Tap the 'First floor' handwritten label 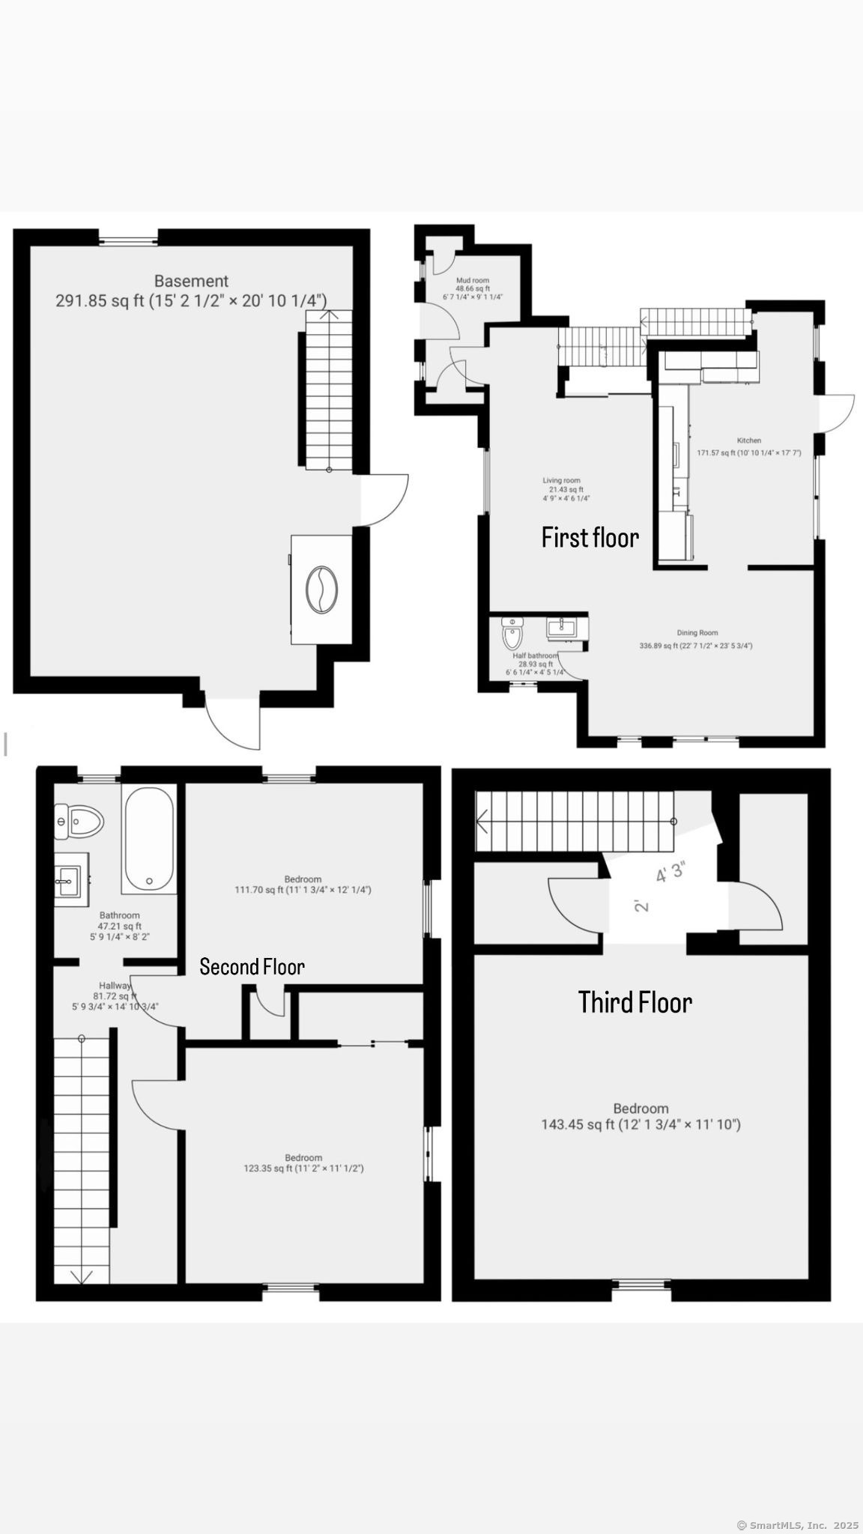pyautogui.click(x=590, y=538)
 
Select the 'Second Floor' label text pyautogui.click(x=252, y=967)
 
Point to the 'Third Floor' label pyautogui.click(x=635, y=1002)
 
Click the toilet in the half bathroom pyautogui.click(x=512, y=634)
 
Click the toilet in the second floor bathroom pyautogui.click(x=78, y=822)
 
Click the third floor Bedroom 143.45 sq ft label pyautogui.click(x=641, y=1116)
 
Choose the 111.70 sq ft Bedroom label pyautogui.click(x=303, y=885)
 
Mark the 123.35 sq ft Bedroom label pyautogui.click(x=303, y=1162)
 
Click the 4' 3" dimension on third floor pyautogui.click(x=670, y=873)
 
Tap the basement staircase pyautogui.click(x=328, y=390)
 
